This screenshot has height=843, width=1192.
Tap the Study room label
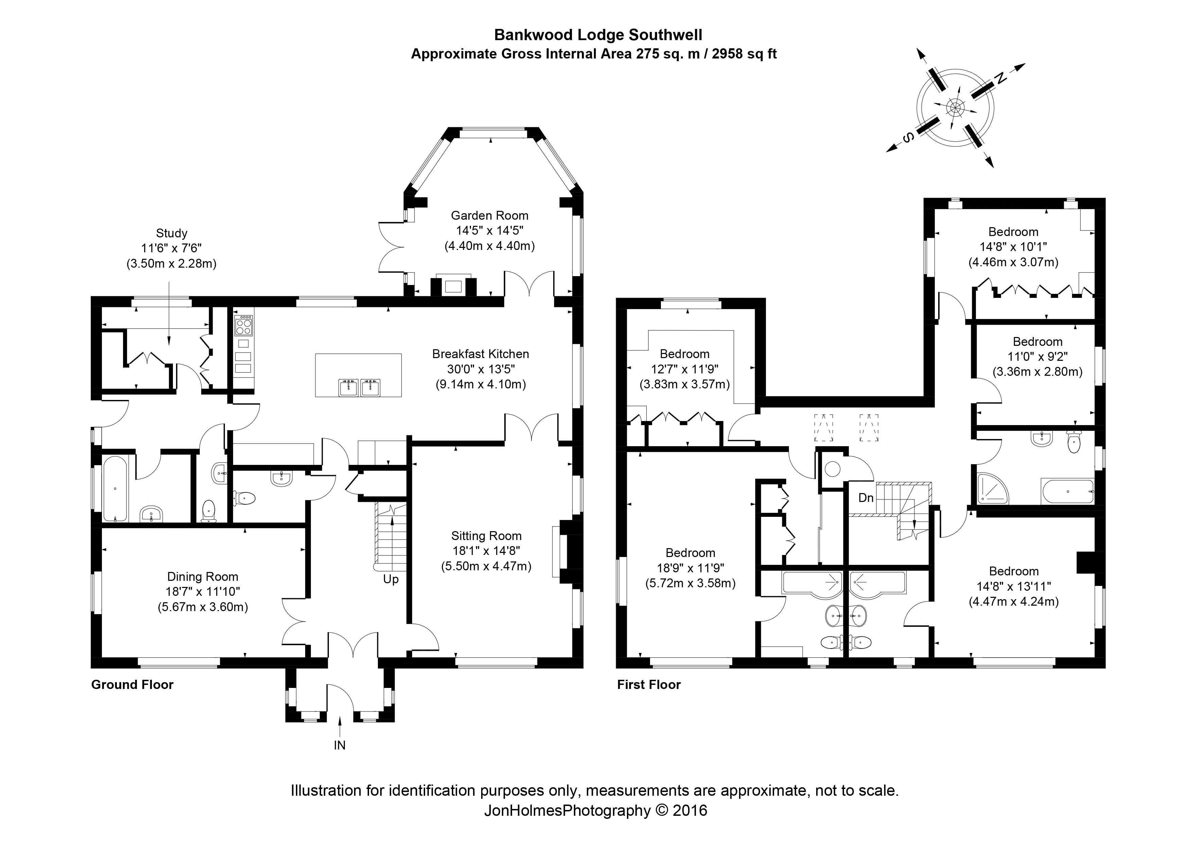171,233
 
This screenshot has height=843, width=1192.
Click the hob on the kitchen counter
244,326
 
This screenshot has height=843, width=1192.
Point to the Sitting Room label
486,536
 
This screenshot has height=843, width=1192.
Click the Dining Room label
203,576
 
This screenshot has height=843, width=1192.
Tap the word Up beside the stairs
390,579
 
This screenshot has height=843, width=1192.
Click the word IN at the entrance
339,745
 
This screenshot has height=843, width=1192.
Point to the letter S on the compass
908,138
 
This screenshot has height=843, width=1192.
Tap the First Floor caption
648,685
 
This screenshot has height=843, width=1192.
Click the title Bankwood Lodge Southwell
598,35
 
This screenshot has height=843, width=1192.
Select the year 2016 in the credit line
690,810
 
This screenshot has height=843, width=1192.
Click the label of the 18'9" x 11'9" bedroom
690,553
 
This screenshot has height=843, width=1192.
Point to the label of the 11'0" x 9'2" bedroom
1037,342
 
